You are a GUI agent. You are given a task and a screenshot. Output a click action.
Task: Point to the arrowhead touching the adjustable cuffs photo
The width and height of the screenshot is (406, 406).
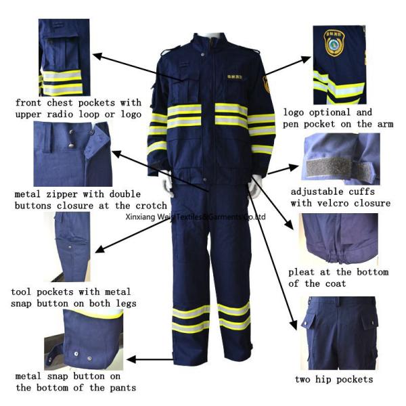pos(296,165)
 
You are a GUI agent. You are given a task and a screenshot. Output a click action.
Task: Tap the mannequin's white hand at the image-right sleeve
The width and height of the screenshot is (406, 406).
pos(256,185)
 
